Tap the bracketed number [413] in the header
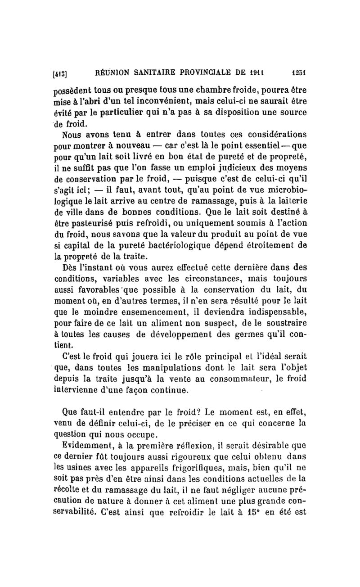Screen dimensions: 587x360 (x=60, y=71)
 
